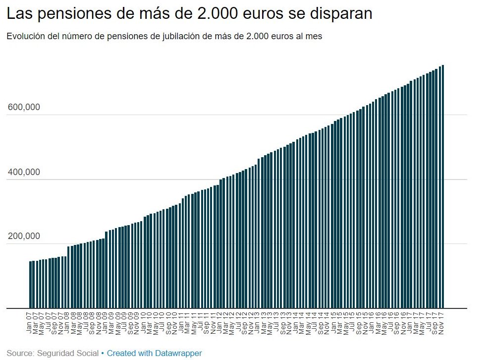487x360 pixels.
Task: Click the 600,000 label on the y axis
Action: [x=24, y=108]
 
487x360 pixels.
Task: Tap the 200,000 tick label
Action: [x=24, y=237]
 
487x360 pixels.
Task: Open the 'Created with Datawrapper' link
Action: [x=154, y=354]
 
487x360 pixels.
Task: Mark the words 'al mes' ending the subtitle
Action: [x=311, y=37]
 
